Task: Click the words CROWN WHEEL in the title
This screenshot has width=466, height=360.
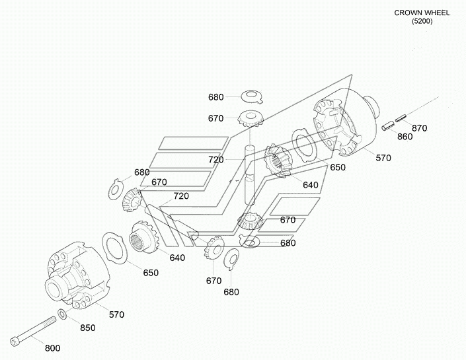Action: point(421,13)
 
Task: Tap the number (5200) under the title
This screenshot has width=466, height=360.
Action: point(421,22)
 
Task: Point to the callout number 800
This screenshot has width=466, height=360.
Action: point(51,347)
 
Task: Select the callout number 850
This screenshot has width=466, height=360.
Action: point(88,328)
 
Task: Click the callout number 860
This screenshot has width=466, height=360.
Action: point(405,137)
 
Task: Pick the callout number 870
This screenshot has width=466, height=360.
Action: point(419,127)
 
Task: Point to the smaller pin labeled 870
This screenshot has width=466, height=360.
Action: point(400,120)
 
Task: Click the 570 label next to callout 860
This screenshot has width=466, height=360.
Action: point(383,158)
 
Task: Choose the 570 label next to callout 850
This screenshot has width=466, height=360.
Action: point(116,314)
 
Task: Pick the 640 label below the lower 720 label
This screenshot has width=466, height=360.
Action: point(176,257)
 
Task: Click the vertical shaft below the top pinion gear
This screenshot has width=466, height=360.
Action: point(250,173)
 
